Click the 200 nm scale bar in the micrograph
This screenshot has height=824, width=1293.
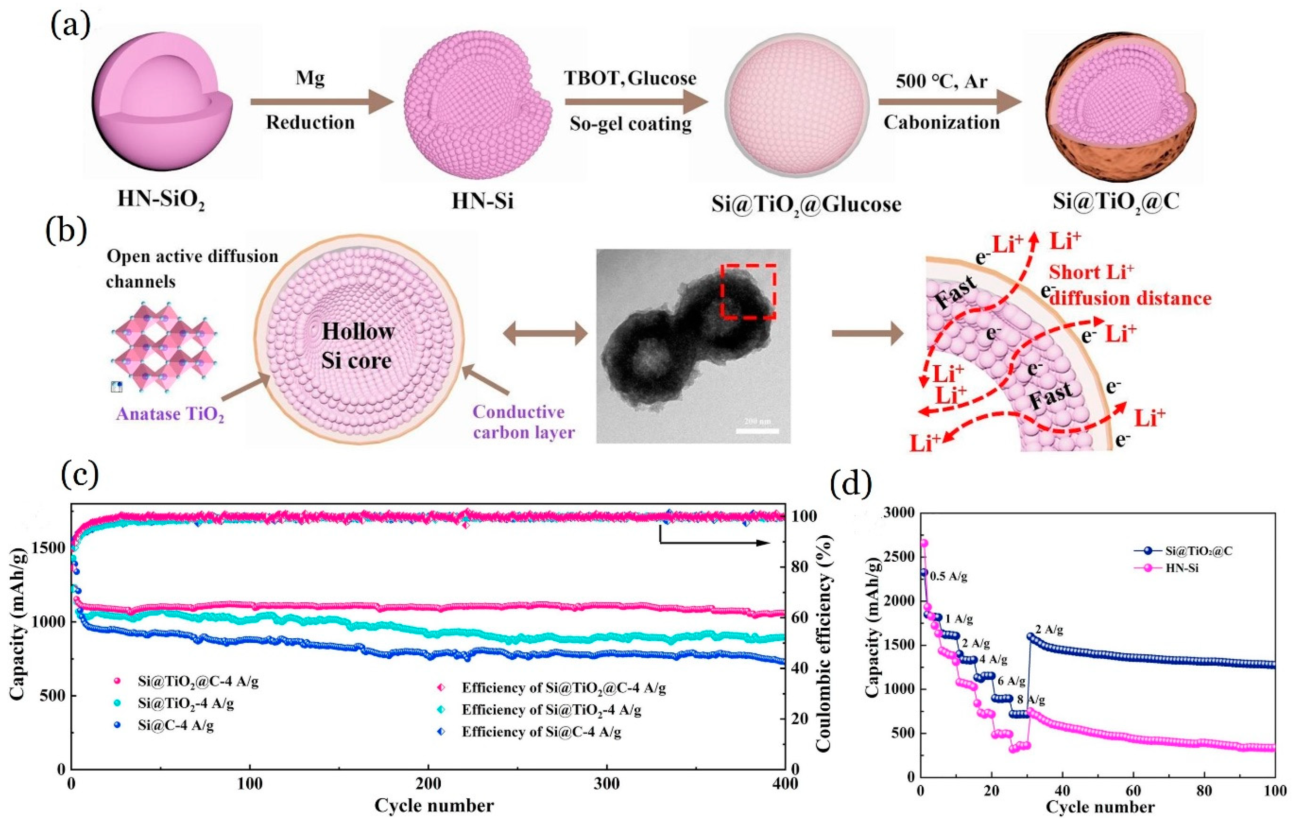click(757, 430)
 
